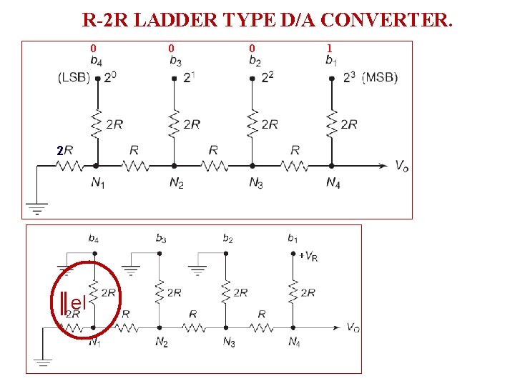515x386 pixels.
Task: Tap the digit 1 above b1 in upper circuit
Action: click(329, 49)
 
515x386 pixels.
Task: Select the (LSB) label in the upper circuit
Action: click(74, 78)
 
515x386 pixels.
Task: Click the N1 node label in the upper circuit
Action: click(98, 183)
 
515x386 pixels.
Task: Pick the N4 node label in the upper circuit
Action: click(333, 183)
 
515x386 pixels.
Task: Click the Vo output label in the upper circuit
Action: click(402, 166)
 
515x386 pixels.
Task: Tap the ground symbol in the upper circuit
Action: click(36, 208)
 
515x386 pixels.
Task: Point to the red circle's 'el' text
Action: click(78, 302)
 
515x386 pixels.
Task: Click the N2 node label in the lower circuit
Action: click(162, 342)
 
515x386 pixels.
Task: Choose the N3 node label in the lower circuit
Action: click(229, 342)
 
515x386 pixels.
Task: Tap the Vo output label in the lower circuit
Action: click(352, 327)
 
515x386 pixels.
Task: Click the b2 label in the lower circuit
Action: click(227, 238)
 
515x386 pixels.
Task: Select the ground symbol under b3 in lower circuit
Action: click(131, 270)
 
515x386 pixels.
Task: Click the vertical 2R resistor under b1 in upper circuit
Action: click(332, 124)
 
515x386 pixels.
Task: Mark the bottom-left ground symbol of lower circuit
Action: click(42, 360)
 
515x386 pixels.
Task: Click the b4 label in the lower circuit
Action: click(94, 238)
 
